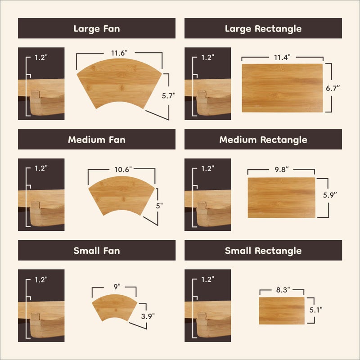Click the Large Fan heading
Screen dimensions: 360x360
(x=97, y=29)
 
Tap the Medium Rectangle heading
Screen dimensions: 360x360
(x=263, y=140)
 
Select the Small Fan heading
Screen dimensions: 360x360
(x=97, y=251)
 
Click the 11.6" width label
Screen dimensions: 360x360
(x=119, y=53)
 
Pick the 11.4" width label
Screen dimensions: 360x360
(x=282, y=57)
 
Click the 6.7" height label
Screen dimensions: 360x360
(x=333, y=88)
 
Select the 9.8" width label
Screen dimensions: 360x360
(x=281, y=170)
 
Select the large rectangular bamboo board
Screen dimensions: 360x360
(x=282, y=88)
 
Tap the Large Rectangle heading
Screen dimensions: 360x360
(x=263, y=29)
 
